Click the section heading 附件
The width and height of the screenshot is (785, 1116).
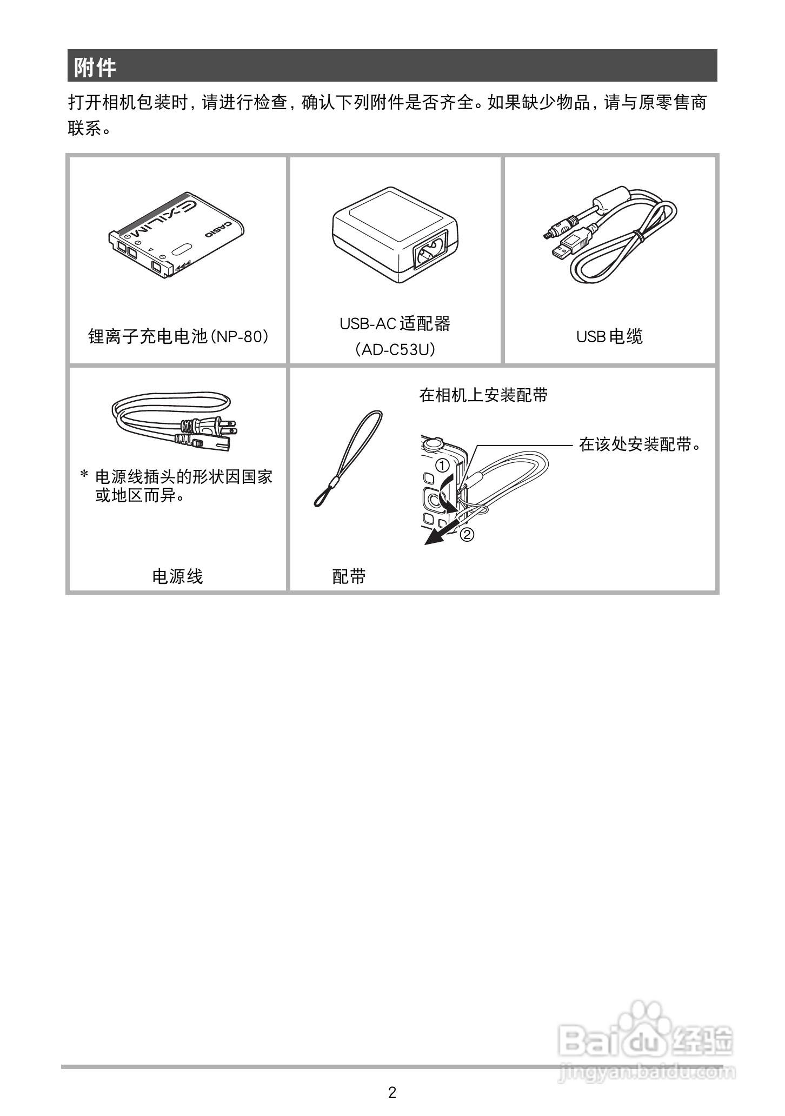pyautogui.click(x=95, y=68)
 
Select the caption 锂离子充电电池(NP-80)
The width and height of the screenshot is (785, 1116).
pyautogui.click(x=178, y=337)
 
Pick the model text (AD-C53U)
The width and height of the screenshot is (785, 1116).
pyautogui.click(x=395, y=350)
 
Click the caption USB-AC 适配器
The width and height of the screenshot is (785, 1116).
pyautogui.click(x=395, y=324)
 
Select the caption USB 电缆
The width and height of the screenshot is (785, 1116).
pyautogui.click(x=609, y=337)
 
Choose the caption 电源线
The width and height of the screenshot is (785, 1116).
pyautogui.click(x=177, y=576)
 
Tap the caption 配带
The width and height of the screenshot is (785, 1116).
pyautogui.click(x=349, y=576)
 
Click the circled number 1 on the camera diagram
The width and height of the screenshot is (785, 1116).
pyautogui.click(x=442, y=464)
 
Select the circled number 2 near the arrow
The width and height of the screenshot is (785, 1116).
pyautogui.click(x=467, y=535)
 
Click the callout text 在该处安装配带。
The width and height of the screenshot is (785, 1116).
pyautogui.click(x=640, y=444)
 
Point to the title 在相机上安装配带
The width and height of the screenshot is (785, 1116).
pyautogui.click(x=483, y=395)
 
